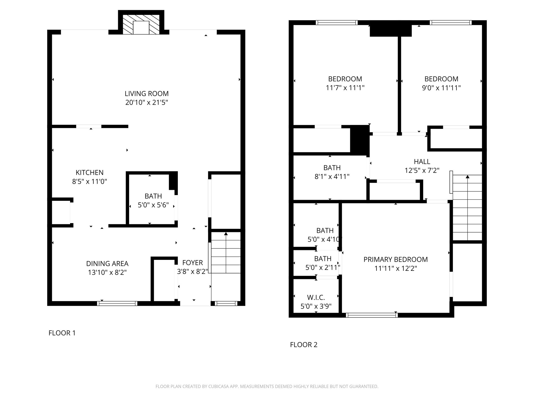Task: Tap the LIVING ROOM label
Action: (x=147, y=93)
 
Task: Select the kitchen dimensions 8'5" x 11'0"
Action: (x=90, y=182)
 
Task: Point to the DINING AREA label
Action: (x=107, y=264)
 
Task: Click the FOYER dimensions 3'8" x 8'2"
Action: (x=193, y=272)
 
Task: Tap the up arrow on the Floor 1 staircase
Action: (x=226, y=234)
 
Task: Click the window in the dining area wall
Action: (x=117, y=303)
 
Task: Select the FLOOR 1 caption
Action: (x=62, y=333)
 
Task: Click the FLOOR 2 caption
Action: (x=304, y=345)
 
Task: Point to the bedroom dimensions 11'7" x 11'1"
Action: (x=345, y=88)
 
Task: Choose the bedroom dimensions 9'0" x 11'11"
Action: (x=441, y=88)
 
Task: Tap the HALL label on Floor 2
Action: (x=422, y=162)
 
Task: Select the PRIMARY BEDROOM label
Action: (x=396, y=260)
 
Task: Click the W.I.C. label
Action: (x=316, y=297)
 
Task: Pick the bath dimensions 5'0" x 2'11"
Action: (x=323, y=267)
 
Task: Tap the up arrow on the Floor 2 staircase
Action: (x=468, y=177)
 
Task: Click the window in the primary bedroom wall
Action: (x=372, y=315)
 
